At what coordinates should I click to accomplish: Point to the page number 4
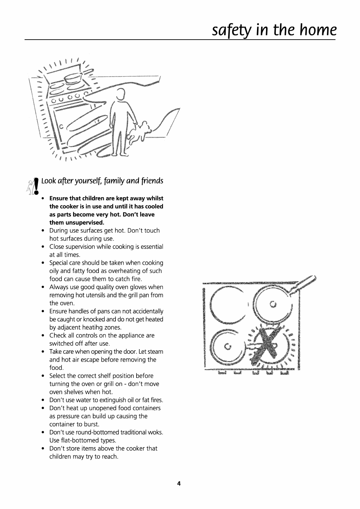click(x=179, y=484)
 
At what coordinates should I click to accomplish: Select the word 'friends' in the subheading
click(x=152, y=181)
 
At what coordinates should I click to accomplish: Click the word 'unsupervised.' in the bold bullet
click(x=77, y=222)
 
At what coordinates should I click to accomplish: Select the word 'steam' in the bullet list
click(x=155, y=351)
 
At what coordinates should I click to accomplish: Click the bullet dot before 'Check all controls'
click(x=43, y=336)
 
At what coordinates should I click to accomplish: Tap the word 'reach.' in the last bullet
click(x=109, y=456)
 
